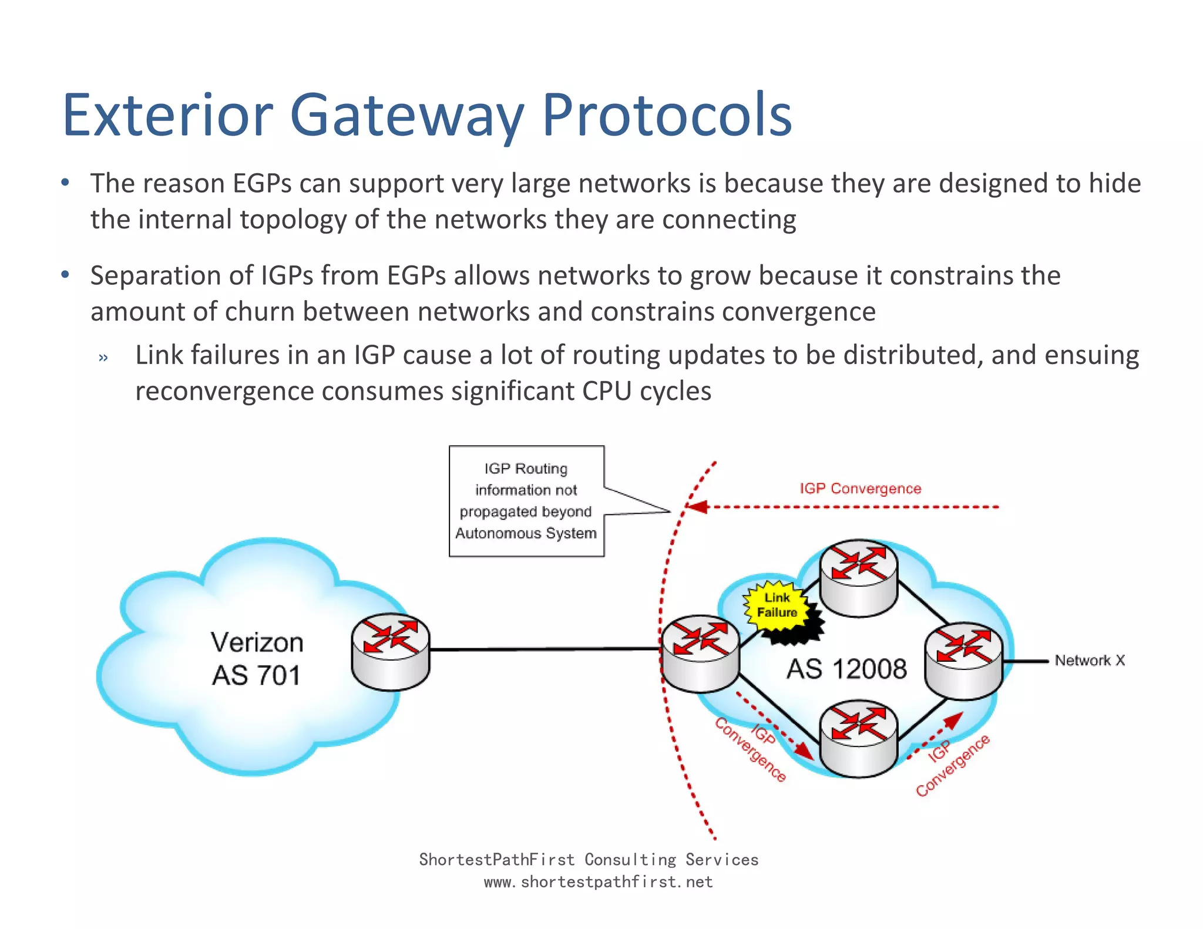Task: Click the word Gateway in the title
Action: point(406,116)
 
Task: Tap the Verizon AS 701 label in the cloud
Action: point(257,658)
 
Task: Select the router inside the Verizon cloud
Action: point(391,651)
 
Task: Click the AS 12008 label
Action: point(846,669)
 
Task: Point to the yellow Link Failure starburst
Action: point(777,605)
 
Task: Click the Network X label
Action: point(1090,661)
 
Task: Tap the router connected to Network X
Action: point(963,660)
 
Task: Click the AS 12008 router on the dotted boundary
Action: point(700,653)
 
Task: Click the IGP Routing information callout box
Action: point(526,501)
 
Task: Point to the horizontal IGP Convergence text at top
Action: point(860,489)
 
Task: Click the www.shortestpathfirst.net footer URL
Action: point(598,882)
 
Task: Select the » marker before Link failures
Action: point(103,358)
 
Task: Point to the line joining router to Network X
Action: point(1026,661)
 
